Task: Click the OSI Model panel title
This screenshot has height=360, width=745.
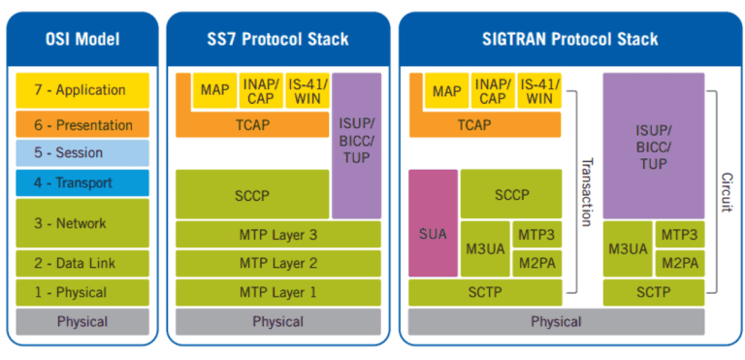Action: [82, 40]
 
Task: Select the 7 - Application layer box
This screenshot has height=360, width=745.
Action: [82, 90]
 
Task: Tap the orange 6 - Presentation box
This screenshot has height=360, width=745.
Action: [82, 125]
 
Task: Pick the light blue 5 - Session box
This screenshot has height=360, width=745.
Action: [82, 153]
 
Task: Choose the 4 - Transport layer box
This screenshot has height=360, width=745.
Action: [82, 182]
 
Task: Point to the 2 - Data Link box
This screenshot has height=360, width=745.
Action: [82, 264]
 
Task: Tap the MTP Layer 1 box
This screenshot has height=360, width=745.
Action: [278, 292]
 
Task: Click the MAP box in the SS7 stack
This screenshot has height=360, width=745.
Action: [214, 90]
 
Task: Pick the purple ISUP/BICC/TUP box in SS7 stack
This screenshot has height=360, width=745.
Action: [356, 145]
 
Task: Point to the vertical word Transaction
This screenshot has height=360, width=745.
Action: [586, 192]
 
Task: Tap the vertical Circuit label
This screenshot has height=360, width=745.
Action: [727, 192]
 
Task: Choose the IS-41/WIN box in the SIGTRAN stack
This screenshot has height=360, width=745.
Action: [539, 90]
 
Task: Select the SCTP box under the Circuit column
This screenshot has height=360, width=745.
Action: [654, 292]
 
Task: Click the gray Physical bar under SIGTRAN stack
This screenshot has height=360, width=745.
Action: [556, 321]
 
